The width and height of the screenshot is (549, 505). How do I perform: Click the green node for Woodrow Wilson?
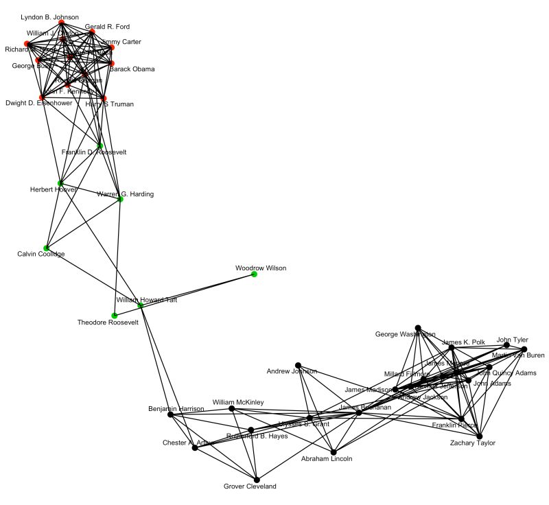click(x=254, y=274)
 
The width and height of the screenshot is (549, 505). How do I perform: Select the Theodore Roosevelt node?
click(x=114, y=316)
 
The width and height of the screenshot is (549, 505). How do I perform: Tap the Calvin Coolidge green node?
click(x=47, y=248)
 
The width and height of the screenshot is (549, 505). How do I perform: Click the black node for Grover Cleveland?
click(x=257, y=480)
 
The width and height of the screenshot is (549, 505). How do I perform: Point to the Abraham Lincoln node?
click(x=334, y=453)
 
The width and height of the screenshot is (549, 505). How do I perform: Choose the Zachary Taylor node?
click(x=480, y=436)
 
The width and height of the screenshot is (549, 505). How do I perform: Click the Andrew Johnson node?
click(x=298, y=365)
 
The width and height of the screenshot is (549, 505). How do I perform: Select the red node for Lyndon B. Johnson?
click(x=61, y=23)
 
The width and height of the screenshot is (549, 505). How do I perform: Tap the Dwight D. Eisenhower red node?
click(x=42, y=97)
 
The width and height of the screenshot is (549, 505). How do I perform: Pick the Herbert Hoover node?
click(x=60, y=183)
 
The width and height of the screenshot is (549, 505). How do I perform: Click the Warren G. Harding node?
click(x=120, y=199)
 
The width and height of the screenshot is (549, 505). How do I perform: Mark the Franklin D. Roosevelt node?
click(x=100, y=145)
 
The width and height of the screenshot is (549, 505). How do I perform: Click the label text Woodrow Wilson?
click(x=260, y=268)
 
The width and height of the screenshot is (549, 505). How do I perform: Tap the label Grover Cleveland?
click(x=250, y=486)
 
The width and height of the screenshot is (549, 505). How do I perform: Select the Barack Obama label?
click(x=132, y=69)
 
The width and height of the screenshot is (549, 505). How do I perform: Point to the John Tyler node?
click(x=506, y=345)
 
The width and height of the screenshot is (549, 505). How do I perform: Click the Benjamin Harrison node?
click(x=170, y=414)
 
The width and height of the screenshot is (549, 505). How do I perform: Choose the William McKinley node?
click(x=231, y=408)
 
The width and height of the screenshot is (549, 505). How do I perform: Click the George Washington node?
click(x=417, y=328)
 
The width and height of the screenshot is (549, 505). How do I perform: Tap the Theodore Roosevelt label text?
click(x=108, y=322)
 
